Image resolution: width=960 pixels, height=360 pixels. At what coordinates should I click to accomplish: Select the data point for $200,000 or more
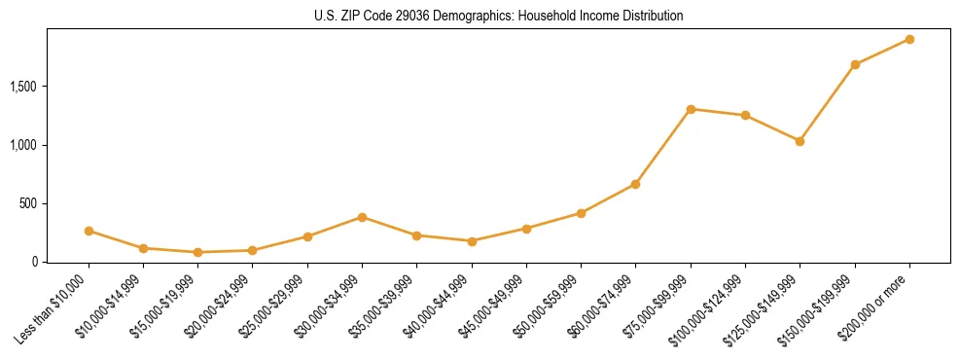(x=909, y=39)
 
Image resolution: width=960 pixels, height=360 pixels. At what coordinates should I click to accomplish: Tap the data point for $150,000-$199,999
(x=855, y=64)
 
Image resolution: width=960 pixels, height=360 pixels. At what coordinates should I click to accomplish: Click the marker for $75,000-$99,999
(x=691, y=109)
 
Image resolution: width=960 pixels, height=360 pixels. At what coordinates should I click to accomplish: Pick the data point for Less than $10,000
(x=89, y=231)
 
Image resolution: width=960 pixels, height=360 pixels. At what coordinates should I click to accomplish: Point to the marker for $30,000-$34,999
(x=362, y=217)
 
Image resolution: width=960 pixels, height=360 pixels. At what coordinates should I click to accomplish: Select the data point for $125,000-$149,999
(x=800, y=141)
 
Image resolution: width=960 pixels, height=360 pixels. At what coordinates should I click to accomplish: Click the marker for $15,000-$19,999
(x=197, y=252)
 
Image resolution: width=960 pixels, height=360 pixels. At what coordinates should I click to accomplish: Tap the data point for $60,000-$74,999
(x=635, y=184)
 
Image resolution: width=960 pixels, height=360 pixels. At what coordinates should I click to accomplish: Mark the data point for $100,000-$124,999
(x=745, y=115)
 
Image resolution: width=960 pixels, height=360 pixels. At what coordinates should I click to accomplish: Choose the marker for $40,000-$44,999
(x=472, y=241)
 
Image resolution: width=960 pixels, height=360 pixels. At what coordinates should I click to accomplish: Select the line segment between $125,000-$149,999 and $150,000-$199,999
(x=828, y=102)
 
